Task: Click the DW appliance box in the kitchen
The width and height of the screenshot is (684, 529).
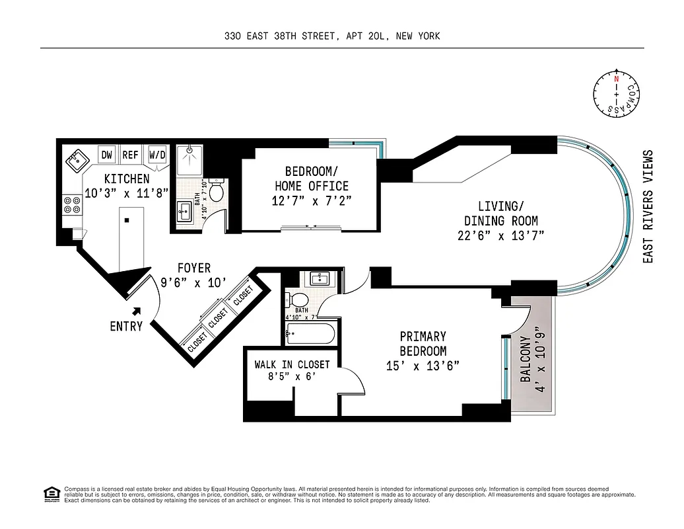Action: (106, 155)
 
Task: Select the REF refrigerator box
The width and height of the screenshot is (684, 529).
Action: (131, 155)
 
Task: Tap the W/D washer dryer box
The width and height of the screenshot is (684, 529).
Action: (157, 155)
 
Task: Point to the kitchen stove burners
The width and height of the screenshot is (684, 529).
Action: (71, 206)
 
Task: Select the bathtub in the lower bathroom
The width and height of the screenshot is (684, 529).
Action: (312, 333)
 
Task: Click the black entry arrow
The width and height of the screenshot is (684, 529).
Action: (137, 310)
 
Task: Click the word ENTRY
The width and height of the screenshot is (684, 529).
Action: (126, 326)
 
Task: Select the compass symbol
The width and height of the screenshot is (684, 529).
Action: (616, 95)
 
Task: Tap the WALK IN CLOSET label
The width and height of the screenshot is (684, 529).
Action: (292, 364)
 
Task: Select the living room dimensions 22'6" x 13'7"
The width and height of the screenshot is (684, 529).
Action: (500, 235)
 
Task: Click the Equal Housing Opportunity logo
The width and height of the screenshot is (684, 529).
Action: (50, 493)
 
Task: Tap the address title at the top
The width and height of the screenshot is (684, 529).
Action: (331, 36)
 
